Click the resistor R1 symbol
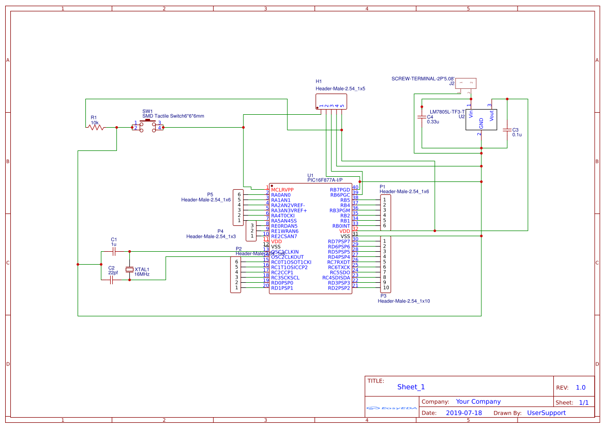(x=96, y=127)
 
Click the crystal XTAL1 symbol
(x=129, y=270)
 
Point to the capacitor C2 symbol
(x=112, y=280)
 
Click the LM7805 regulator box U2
(x=481, y=119)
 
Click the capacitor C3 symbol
(x=507, y=130)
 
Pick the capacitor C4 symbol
(x=422, y=117)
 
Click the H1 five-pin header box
(x=331, y=101)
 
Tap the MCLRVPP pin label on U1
(x=282, y=190)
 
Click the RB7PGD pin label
(x=340, y=190)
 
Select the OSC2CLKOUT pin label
(x=288, y=257)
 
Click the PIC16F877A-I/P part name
(x=325, y=180)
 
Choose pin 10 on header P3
(x=386, y=287)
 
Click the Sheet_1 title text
(x=411, y=387)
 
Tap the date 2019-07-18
(x=463, y=412)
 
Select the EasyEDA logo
(x=392, y=408)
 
